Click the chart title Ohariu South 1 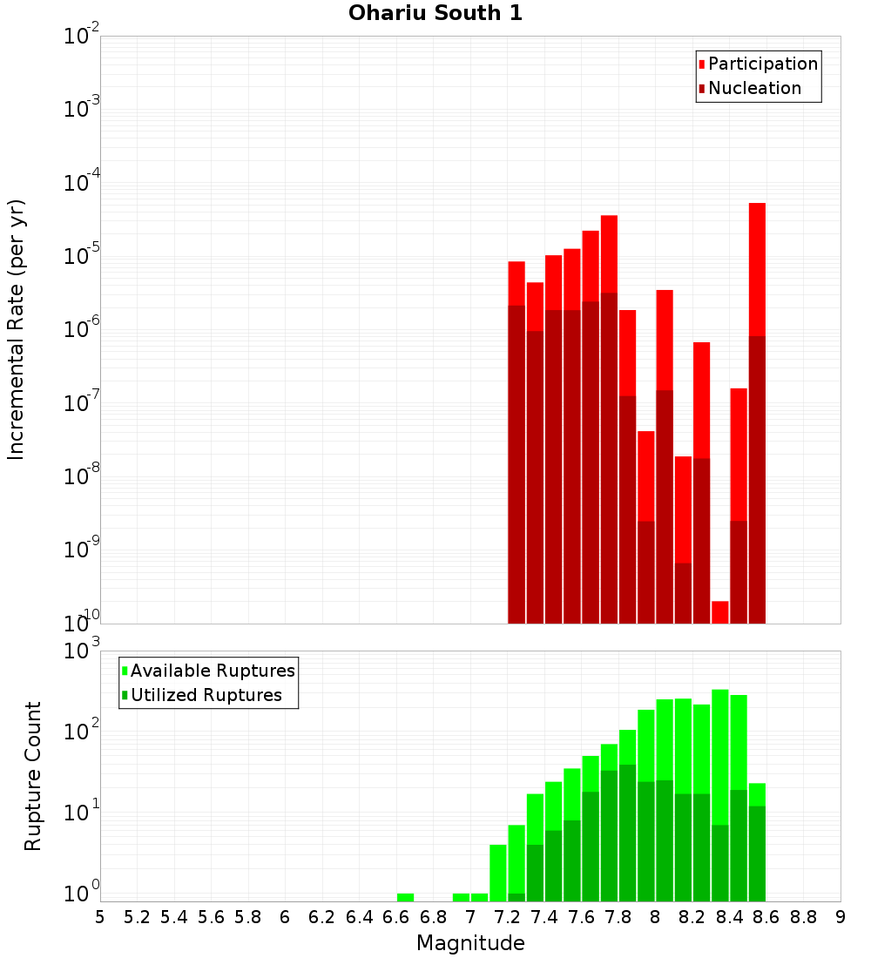tap(435, 14)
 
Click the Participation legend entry tap(762, 64)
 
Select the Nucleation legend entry tap(753, 88)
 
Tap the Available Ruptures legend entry tap(212, 671)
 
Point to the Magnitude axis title tap(470, 943)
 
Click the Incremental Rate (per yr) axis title tap(17, 329)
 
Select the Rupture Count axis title tap(33, 775)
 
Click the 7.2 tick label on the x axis tap(507, 917)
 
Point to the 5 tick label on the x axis tap(100, 917)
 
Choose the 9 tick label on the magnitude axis tap(840, 917)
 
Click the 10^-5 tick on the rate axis tap(82, 255)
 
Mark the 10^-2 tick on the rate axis tap(82, 36)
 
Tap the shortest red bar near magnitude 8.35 tap(719, 612)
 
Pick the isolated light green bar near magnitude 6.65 tap(405, 897)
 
